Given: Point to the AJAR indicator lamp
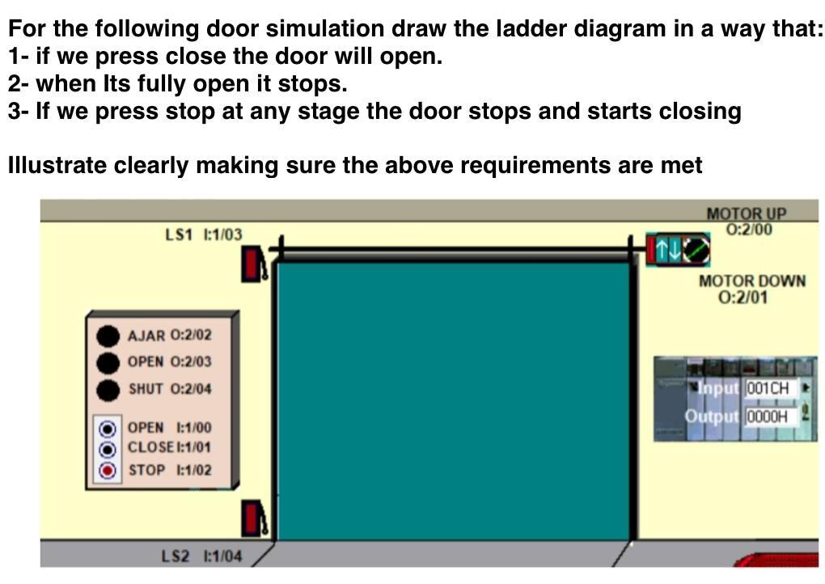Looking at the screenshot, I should click(x=108, y=335).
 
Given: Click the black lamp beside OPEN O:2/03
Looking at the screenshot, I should click(x=108, y=362).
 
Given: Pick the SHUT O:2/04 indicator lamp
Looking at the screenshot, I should click(x=108, y=389).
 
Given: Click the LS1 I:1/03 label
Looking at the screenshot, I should click(x=203, y=235).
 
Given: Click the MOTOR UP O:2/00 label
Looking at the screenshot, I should click(x=746, y=222).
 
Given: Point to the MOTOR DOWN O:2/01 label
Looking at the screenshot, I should click(x=751, y=289).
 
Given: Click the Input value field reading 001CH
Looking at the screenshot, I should click(x=770, y=388).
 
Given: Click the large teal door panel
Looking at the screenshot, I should click(x=453, y=400).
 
